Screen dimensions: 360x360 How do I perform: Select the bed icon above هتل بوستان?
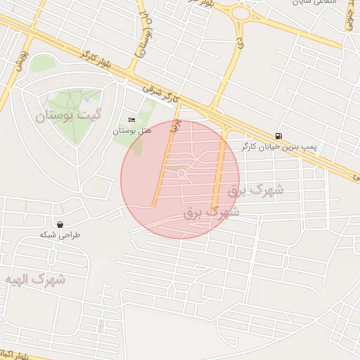coord(131,119)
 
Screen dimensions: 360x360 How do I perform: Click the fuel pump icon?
coord(280,136)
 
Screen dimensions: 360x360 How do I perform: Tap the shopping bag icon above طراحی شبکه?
coord(60,224)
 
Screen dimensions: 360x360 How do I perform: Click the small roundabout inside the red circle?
coord(181,173)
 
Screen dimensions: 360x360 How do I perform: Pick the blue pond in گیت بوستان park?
coord(86,100)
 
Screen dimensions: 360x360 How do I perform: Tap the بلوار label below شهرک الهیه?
coord(14,352)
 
